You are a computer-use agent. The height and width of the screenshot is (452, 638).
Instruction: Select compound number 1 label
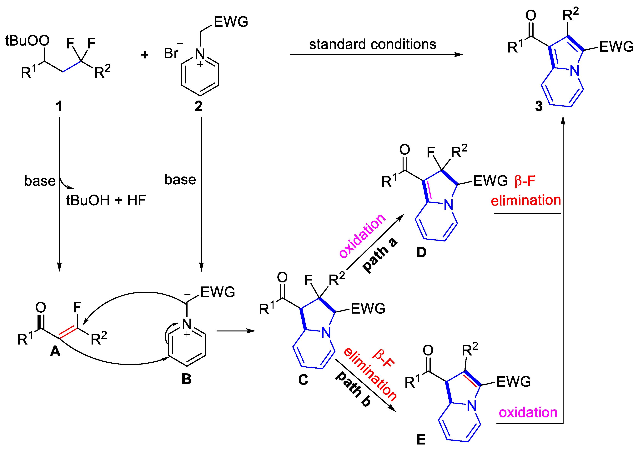(x=59, y=106)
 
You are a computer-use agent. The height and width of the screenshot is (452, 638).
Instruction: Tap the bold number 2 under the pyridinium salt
(x=198, y=106)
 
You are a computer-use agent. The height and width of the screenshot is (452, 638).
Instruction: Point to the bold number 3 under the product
(x=539, y=106)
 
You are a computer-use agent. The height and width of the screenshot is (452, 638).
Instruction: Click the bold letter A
(x=55, y=351)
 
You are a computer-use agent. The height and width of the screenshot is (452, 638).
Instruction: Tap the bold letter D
(x=421, y=252)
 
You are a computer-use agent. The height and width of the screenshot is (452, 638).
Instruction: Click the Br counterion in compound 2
(x=171, y=53)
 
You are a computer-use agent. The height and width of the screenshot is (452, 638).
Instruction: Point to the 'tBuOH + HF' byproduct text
(x=106, y=200)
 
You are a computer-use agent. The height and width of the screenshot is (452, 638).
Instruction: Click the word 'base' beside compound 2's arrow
(x=180, y=180)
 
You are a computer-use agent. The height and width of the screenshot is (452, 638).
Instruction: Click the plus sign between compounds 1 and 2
(x=144, y=55)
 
